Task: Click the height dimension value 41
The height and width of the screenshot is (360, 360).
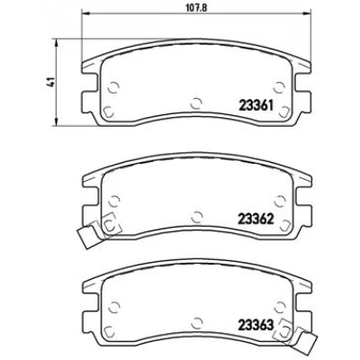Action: click(x=51, y=82)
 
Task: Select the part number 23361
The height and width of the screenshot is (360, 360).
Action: click(x=256, y=106)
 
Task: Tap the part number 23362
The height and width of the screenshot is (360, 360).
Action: click(x=256, y=219)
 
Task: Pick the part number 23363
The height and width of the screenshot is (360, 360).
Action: click(x=256, y=325)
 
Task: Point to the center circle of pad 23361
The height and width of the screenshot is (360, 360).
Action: click(x=196, y=103)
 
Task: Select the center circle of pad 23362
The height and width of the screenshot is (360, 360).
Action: click(x=197, y=217)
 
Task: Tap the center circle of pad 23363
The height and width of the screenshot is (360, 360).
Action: click(x=197, y=322)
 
